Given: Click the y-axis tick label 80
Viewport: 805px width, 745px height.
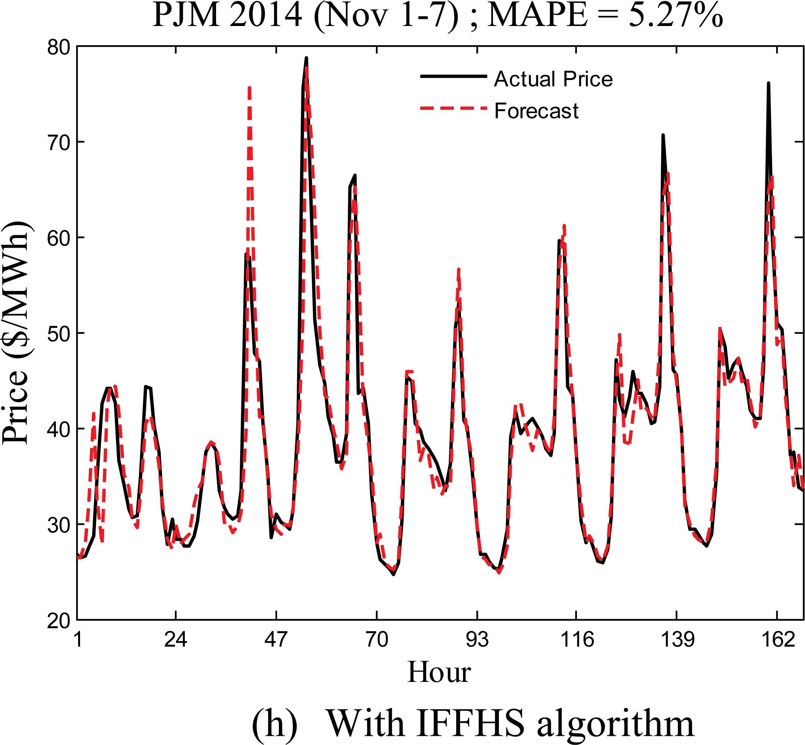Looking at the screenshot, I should point(59,47).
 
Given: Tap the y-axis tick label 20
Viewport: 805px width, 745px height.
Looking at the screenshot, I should point(59,621).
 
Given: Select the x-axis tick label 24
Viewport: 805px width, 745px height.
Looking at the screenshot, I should point(175,639).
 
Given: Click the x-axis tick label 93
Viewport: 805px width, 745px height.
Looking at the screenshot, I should point(477,639).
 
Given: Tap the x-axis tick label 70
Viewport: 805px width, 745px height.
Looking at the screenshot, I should point(377,639).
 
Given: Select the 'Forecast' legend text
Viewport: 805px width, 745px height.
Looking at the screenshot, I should point(537,111).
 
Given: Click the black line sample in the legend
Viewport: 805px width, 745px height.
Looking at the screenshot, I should point(453,76).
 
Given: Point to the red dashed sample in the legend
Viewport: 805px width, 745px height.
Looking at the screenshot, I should point(453,108).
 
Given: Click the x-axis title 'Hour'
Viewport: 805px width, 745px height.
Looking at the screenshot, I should point(439,672).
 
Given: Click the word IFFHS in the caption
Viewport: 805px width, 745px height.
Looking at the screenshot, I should point(470,723).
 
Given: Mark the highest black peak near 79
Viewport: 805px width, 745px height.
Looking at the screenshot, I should point(306,59).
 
